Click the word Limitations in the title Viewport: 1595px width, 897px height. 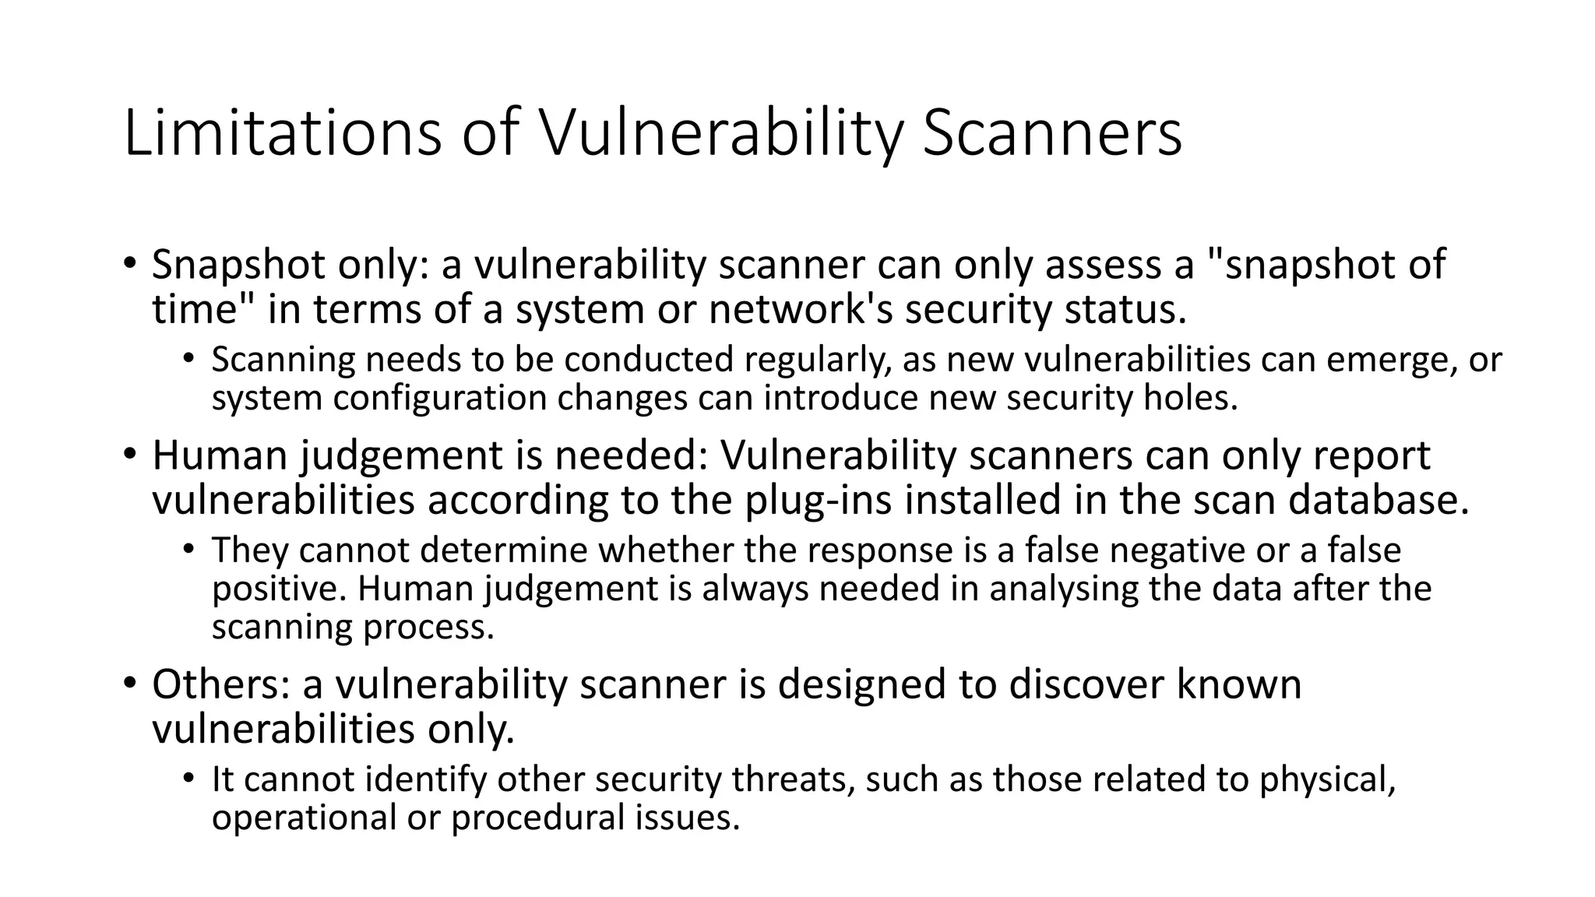283,134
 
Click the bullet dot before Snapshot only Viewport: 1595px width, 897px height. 129,262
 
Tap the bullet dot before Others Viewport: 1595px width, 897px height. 129,681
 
